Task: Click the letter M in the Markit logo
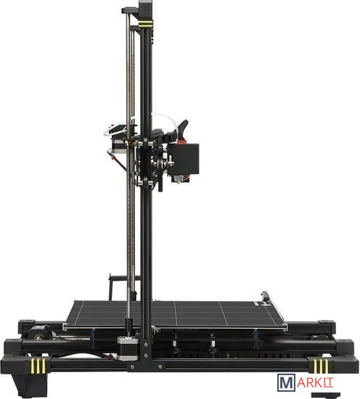tap(286, 382)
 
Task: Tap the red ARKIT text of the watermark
tap(315, 382)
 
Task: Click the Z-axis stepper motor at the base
tap(128, 349)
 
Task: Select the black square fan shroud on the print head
tap(184, 159)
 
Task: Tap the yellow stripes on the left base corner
tap(38, 365)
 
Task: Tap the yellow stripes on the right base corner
tap(321, 366)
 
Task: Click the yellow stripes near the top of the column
tap(146, 24)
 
